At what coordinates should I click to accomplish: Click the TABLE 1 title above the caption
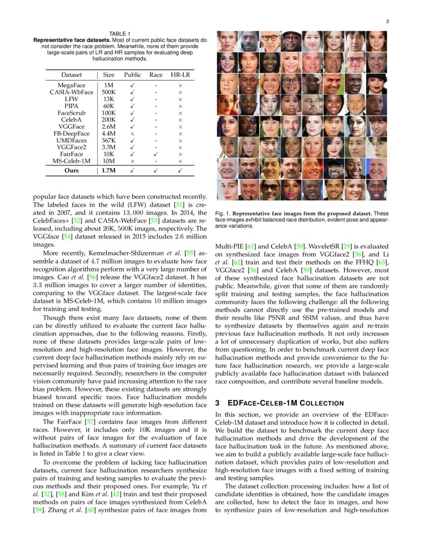click(120, 34)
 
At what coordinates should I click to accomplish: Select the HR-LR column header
click(180, 75)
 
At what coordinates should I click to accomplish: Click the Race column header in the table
click(156, 75)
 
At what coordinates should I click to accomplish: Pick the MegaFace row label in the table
click(71, 85)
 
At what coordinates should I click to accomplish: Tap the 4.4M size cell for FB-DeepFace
click(108, 134)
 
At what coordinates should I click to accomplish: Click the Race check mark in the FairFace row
click(156, 155)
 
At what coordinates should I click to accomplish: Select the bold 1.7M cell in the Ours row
click(108, 170)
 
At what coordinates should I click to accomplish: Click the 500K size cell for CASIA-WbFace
click(108, 92)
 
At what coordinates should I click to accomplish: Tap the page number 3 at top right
click(386, 21)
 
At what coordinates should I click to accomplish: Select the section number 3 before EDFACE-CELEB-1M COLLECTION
click(217, 403)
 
